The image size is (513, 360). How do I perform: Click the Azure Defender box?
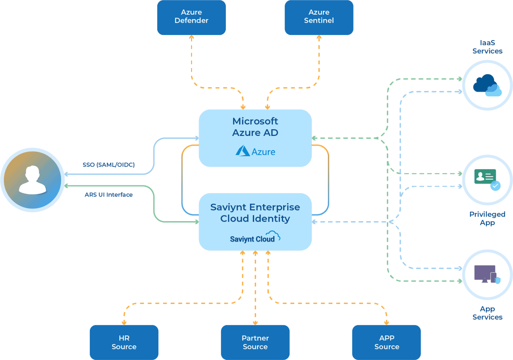(x=191, y=17)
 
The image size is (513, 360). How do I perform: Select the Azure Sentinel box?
(x=319, y=17)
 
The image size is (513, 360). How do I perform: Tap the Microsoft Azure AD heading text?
(x=255, y=127)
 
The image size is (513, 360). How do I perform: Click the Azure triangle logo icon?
(x=242, y=151)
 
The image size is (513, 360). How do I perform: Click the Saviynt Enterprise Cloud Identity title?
(x=255, y=213)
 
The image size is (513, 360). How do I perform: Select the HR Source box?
(x=124, y=342)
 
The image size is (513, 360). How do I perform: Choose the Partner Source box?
(x=255, y=342)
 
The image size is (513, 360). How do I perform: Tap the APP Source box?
(x=386, y=342)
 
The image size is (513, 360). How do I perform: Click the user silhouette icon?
(x=32, y=180)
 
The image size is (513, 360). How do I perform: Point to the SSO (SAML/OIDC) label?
(x=109, y=165)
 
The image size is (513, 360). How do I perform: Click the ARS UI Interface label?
(x=109, y=195)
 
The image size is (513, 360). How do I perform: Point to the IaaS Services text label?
(x=487, y=47)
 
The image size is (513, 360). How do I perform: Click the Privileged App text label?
(x=487, y=218)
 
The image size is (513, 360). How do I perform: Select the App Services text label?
(x=487, y=313)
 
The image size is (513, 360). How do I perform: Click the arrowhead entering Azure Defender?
(x=191, y=38)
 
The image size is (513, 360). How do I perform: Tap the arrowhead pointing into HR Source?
(x=124, y=322)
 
